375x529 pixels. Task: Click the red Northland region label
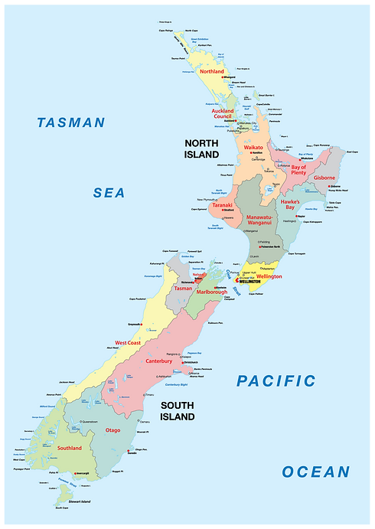211,71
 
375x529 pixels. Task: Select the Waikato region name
253,147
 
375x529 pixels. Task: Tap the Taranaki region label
222,205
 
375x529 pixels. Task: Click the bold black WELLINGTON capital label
250,282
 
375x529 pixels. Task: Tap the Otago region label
112,430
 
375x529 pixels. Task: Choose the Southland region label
69,448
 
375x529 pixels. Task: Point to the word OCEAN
315,472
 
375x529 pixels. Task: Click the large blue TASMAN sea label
70,122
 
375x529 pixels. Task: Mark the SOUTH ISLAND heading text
178,412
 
